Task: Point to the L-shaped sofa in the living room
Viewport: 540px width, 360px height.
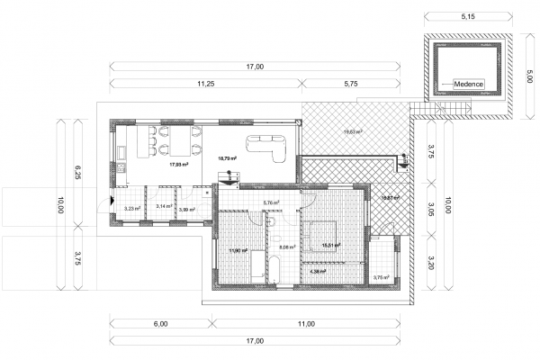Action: pyautogui.click(x=271, y=144)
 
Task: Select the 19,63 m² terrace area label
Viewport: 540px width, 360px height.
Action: pyautogui.click(x=352, y=132)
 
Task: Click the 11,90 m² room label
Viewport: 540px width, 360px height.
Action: pyautogui.click(x=238, y=250)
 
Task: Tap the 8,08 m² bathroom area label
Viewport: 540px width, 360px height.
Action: pyautogui.click(x=288, y=247)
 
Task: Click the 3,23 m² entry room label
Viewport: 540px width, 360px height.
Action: pyautogui.click(x=130, y=209)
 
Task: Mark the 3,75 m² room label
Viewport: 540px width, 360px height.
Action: pyautogui.click(x=382, y=277)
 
